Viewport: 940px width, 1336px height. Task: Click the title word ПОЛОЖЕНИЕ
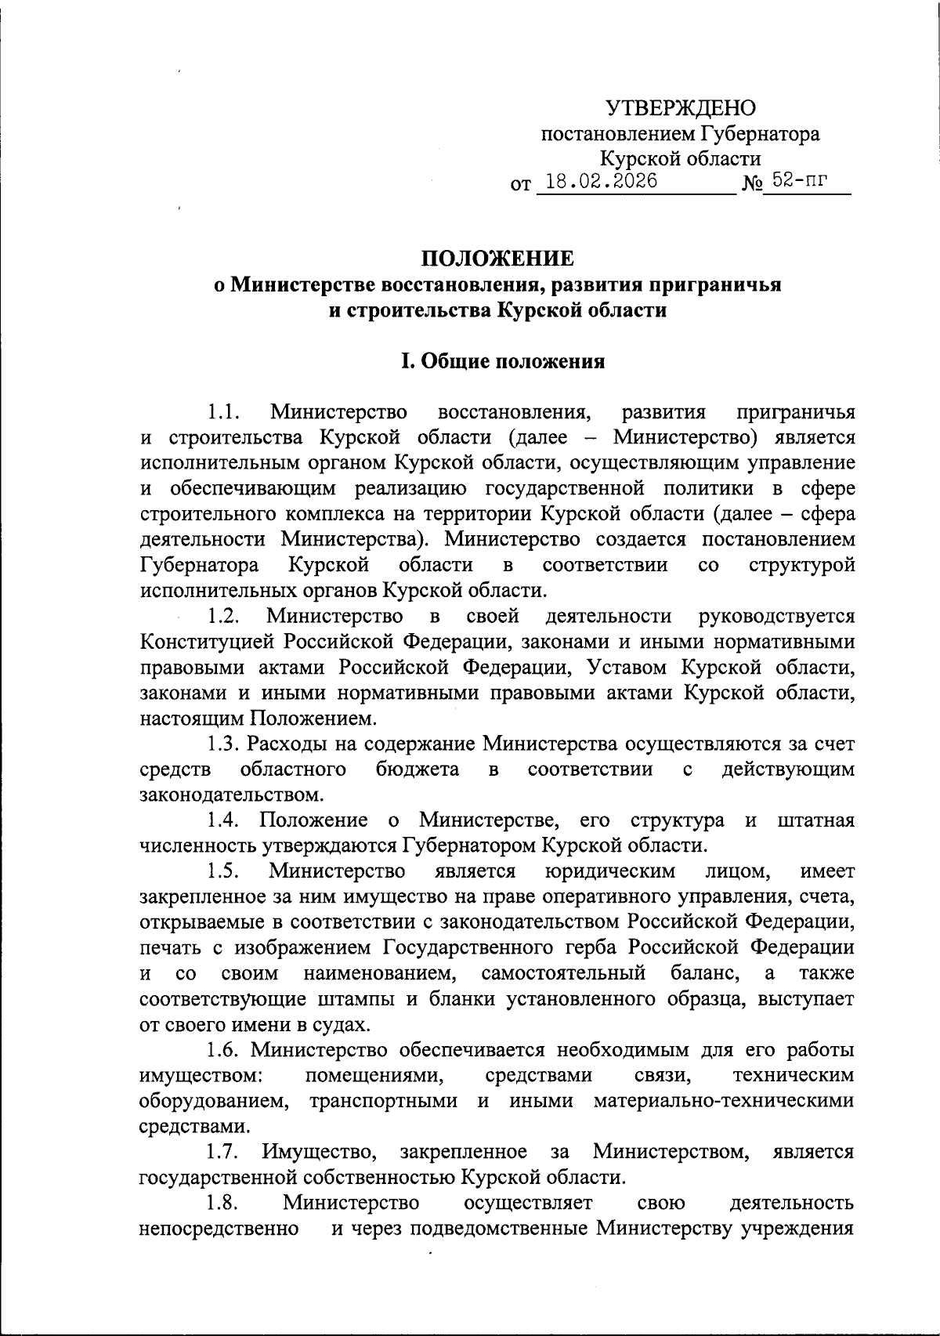(498, 259)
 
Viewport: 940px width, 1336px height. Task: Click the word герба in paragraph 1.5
(591, 947)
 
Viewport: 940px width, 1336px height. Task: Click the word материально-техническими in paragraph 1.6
(724, 1101)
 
